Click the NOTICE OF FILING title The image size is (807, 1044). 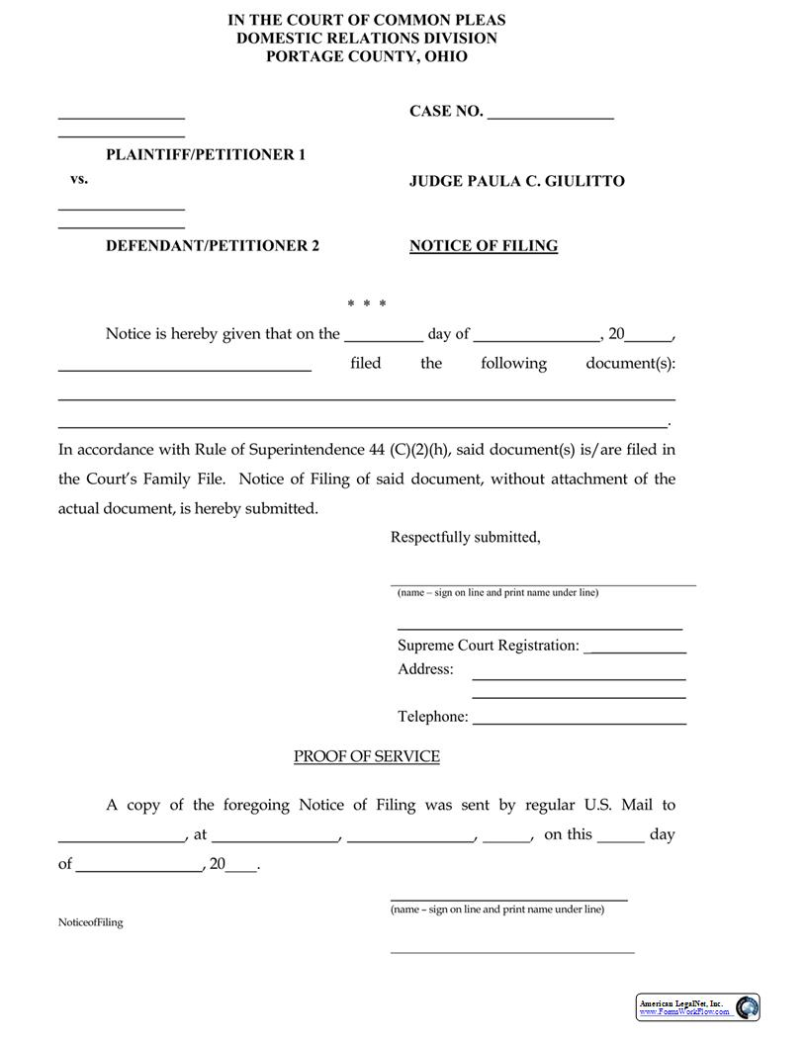(x=484, y=246)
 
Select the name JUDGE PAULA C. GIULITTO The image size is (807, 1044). (x=516, y=181)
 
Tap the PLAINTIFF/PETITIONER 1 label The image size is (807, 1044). (x=206, y=155)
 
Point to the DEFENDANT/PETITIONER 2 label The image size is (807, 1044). (x=213, y=246)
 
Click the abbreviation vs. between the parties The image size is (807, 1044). (x=79, y=180)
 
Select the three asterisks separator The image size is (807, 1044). (x=367, y=304)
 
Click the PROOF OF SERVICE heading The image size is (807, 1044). (x=367, y=756)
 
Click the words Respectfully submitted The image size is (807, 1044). (x=465, y=538)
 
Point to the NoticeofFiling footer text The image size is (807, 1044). (x=91, y=922)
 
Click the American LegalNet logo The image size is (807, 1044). (x=697, y=1007)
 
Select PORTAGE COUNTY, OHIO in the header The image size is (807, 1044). (x=367, y=56)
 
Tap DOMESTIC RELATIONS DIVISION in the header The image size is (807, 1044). (x=367, y=38)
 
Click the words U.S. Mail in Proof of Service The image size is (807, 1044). (x=619, y=806)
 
